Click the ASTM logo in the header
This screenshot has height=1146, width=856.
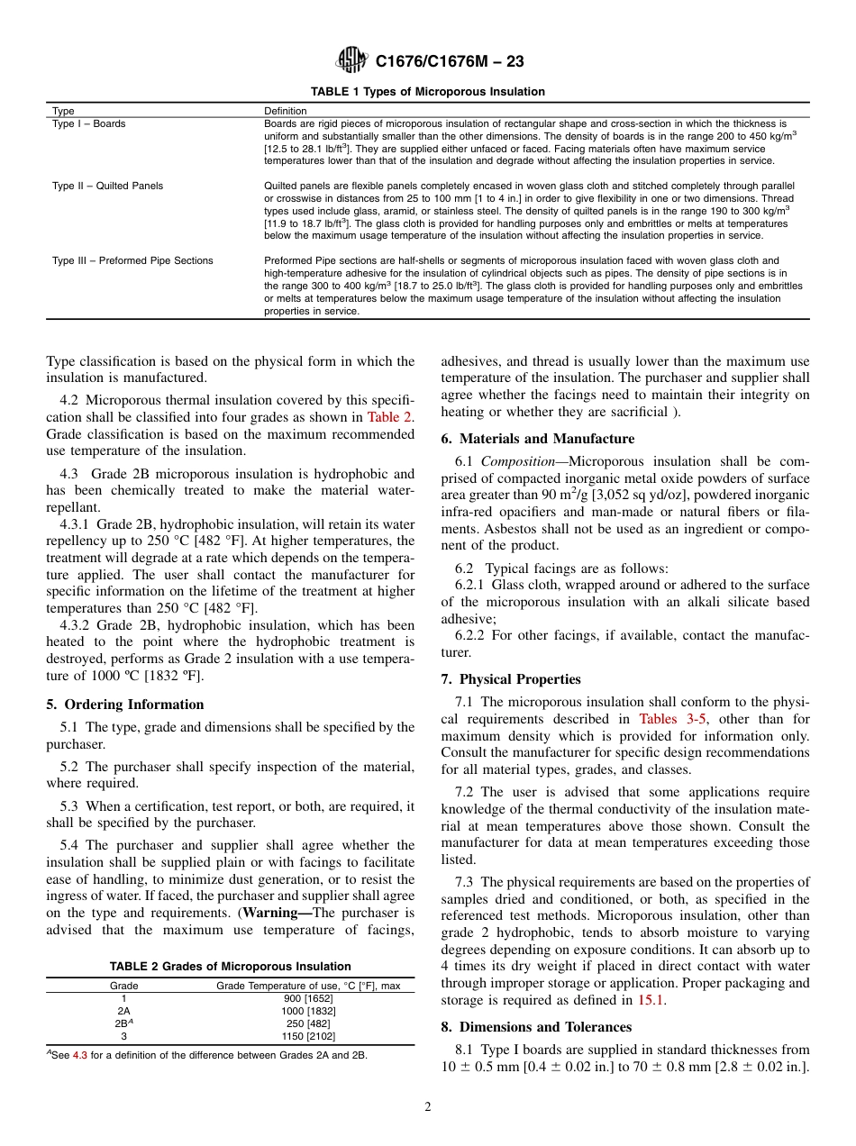pos(351,61)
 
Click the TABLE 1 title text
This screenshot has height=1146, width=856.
pos(427,92)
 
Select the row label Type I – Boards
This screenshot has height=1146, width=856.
pos(89,123)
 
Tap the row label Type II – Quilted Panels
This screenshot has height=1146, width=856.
pos(107,186)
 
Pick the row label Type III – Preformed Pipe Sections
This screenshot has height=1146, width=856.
pos(132,260)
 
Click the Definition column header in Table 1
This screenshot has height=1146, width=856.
pos(285,111)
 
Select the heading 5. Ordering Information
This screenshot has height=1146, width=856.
pos(124,705)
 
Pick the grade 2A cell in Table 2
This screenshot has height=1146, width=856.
pos(123,1011)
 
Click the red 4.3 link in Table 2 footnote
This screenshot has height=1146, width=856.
pos(79,1055)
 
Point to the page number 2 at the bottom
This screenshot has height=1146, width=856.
pos(428,1107)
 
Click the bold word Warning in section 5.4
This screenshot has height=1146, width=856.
pos(279,913)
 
